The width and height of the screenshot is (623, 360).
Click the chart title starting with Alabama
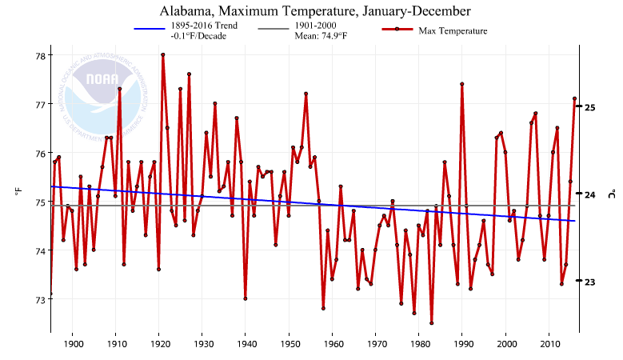pyautogui.click(x=315, y=10)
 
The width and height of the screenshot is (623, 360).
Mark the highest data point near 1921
pyautogui.click(x=162, y=55)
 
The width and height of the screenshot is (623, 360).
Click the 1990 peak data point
pyautogui.click(x=461, y=84)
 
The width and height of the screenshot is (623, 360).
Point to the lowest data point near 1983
pyautogui.click(x=431, y=323)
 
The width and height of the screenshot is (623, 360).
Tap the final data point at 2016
pyautogui.click(x=574, y=98)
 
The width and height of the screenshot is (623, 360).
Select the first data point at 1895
pyautogui.click(x=50, y=294)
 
